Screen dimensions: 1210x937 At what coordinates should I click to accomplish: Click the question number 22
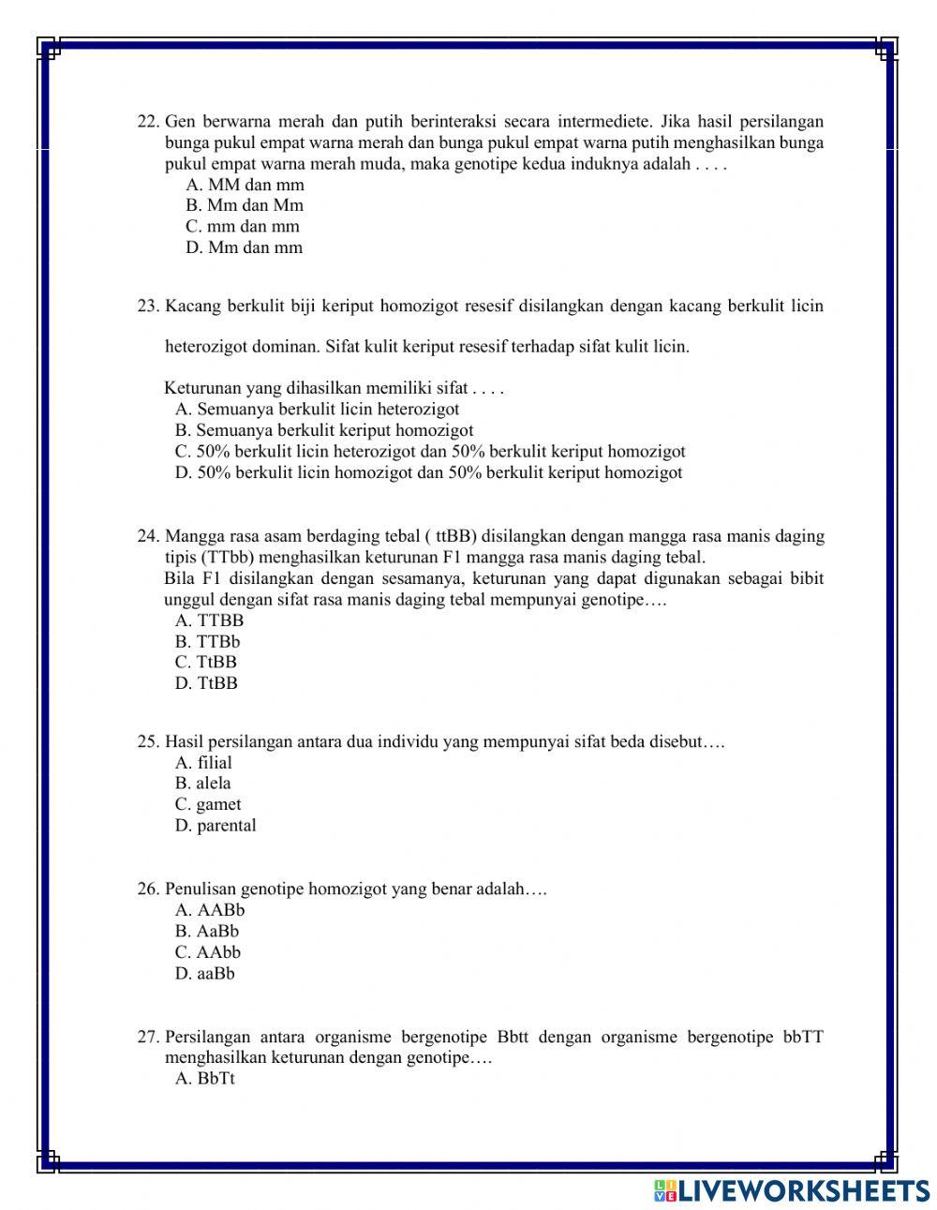(x=148, y=122)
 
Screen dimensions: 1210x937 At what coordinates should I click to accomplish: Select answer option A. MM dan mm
(x=245, y=185)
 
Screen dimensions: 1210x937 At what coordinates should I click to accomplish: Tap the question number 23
(x=148, y=306)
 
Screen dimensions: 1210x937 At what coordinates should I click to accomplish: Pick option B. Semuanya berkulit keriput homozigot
(x=324, y=430)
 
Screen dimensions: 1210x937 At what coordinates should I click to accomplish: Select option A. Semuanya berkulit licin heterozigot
(x=317, y=409)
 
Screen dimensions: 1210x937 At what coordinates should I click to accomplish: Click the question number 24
(x=148, y=536)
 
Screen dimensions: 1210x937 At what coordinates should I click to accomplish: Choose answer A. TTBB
(x=209, y=620)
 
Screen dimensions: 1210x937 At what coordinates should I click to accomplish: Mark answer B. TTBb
(x=207, y=642)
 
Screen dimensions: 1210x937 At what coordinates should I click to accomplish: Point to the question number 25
(x=148, y=741)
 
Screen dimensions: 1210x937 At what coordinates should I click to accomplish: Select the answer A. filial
(x=203, y=763)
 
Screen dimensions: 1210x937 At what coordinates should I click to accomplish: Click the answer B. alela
(x=202, y=784)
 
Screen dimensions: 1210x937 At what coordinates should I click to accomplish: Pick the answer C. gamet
(x=207, y=804)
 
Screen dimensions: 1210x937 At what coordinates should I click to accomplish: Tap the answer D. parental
(x=215, y=826)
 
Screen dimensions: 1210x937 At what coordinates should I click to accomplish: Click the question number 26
(x=148, y=889)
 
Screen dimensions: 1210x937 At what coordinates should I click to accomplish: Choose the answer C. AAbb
(x=207, y=952)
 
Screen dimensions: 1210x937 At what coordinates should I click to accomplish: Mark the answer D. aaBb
(x=204, y=974)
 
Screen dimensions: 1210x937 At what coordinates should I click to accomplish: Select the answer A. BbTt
(x=204, y=1079)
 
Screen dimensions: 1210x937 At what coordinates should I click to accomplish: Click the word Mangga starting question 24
(x=192, y=536)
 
